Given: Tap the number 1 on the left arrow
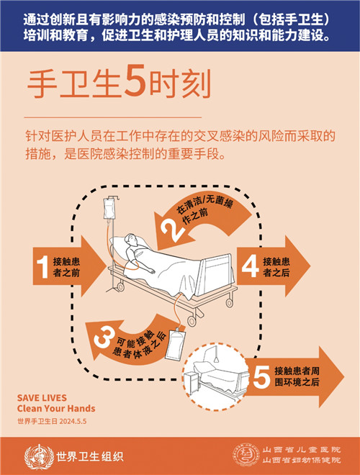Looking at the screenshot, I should [42, 266].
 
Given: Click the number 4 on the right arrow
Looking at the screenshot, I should [250, 266].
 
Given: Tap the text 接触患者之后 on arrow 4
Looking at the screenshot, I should [277, 266].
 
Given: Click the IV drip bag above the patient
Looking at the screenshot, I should [109, 208].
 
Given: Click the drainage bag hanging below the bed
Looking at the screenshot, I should [174, 345].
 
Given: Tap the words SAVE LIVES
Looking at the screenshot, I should [42, 398].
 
